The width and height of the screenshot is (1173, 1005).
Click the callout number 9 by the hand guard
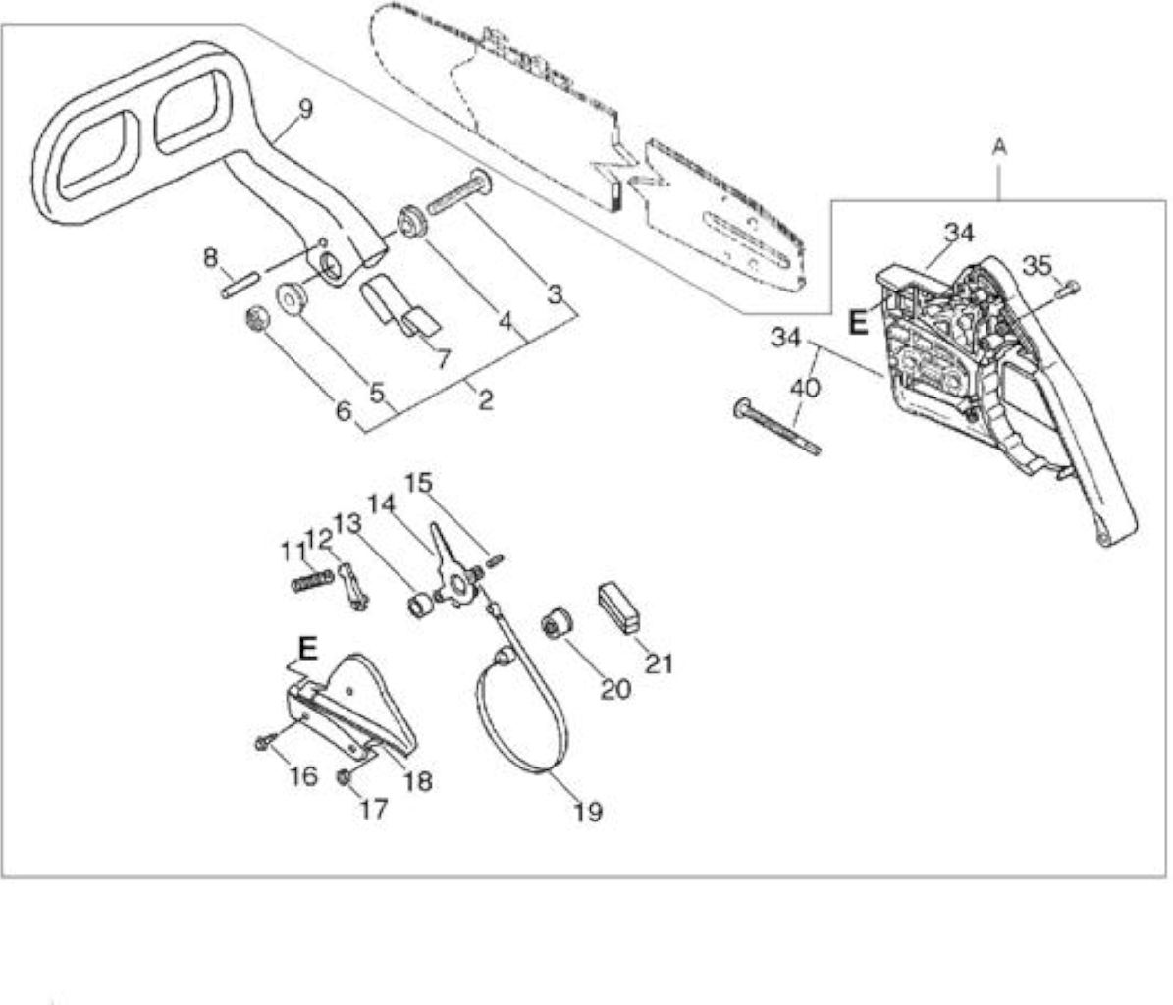[x=305, y=109]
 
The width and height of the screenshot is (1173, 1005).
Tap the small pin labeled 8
[x=240, y=286]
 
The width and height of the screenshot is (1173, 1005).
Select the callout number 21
[x=659, y=663]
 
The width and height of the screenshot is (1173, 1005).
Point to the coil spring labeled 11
[x=312, y=581]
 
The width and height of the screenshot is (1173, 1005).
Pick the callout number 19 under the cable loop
[x=588, y=812]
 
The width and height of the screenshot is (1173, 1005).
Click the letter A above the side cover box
[x=999, y=147]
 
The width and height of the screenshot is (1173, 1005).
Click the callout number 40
[x=805, y=388]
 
